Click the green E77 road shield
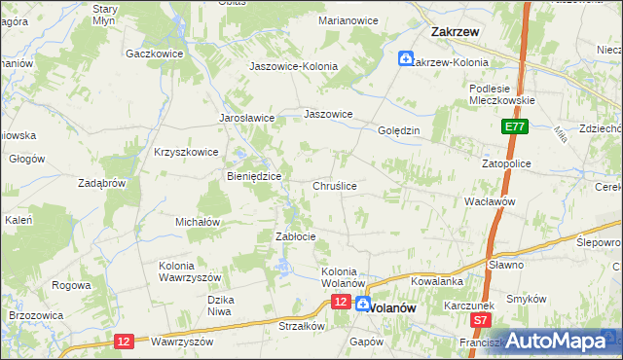[515, 126]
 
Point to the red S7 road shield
[480, 319]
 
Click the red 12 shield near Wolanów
[340, 303]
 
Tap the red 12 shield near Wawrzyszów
[123, 341]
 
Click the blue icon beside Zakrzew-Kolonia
[405, 60]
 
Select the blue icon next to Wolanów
[362, 304]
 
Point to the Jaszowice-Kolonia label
[293, 66]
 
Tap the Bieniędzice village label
[254, 176]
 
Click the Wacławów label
[490, 200]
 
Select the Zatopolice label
[506, 163]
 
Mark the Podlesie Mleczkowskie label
[497, 92]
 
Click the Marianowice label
[348, 19]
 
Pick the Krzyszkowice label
[186, 152]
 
